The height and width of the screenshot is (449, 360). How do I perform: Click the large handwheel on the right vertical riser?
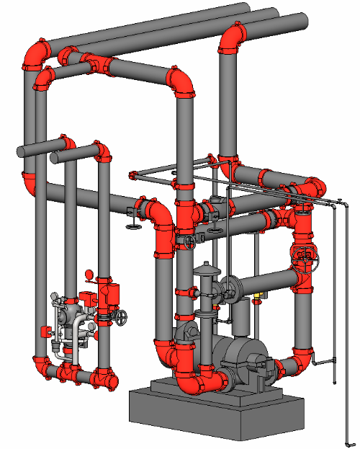coord(304,258)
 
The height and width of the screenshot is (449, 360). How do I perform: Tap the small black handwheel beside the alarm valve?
coord(124,317)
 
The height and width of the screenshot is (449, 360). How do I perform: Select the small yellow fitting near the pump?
coord(258,295)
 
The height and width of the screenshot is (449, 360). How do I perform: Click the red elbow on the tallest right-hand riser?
coord(232,37)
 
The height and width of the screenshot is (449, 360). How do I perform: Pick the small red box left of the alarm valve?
coord(45,332)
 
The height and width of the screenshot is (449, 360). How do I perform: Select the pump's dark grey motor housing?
coord(241,357)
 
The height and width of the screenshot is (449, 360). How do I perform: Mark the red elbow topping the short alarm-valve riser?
coord(102,152)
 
